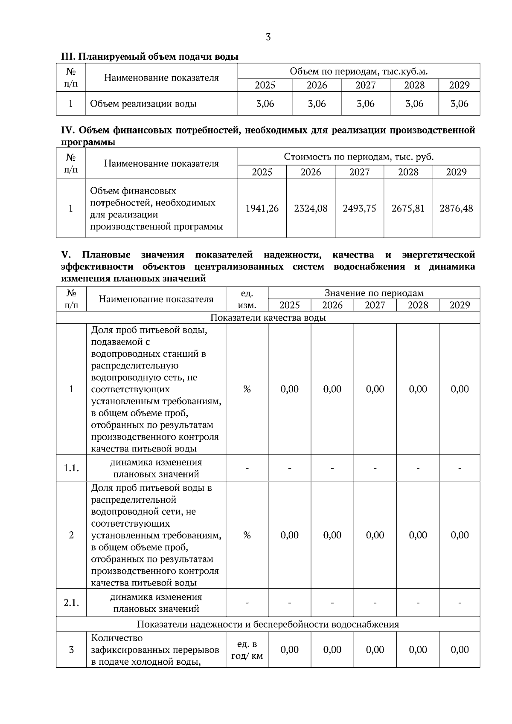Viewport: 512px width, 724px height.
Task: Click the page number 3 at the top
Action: tap(268, 37)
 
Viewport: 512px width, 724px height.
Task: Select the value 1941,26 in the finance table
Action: tap(262, 209)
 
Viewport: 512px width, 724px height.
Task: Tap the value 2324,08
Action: tap(311, 209)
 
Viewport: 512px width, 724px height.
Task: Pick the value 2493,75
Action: tap(359, 209)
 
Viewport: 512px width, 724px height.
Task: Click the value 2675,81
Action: tap(408, 209)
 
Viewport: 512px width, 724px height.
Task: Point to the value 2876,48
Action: tap(456, 209)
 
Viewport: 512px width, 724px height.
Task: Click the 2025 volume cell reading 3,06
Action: tap(265, 104)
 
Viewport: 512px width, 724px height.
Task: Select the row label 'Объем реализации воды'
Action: tap(143, 104)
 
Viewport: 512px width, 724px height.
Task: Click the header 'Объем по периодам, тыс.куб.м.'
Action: tap(358, 71)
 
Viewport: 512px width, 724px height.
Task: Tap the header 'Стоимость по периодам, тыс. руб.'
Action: tap(358, 156)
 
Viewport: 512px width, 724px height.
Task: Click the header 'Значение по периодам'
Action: tap(374, 293)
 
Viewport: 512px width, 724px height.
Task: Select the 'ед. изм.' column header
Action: tap(247, 299)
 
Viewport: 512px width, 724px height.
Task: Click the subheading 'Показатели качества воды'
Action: tap(268, 318)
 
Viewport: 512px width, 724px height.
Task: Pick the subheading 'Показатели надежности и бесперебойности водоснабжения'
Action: tap(268, 625)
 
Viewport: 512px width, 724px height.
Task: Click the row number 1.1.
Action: tap(71, 468)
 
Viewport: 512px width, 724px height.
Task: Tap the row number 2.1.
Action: tap(71, 603)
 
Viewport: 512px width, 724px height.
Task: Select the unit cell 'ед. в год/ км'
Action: tap(247, 650)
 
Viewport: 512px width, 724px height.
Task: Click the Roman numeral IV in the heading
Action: tap(68, 130)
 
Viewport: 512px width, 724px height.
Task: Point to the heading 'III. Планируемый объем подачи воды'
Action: tap(149, 56)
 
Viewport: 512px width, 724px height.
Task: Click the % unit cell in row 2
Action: tap(247, 535)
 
